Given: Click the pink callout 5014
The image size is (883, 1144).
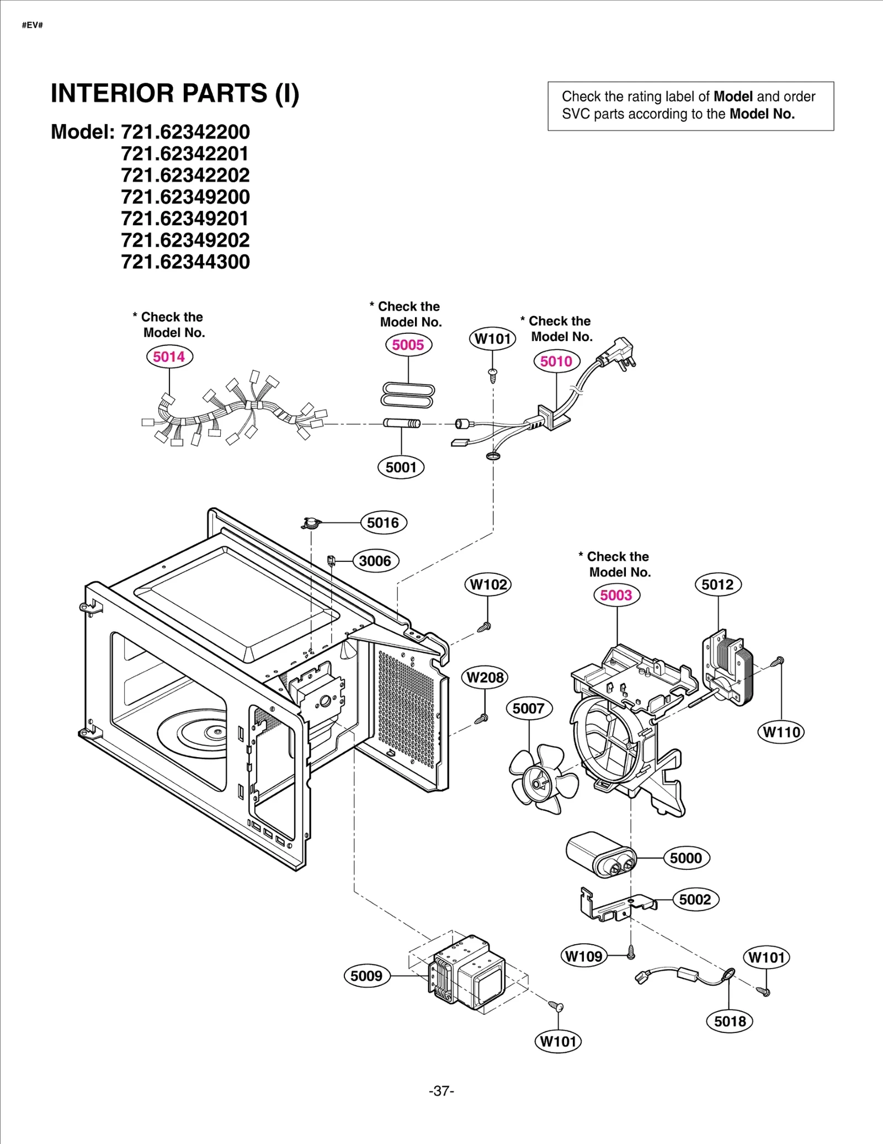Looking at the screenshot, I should [169, 356].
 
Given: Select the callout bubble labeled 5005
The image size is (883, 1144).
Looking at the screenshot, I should [408, 345].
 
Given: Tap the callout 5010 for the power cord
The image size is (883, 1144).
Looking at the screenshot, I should [556, 361].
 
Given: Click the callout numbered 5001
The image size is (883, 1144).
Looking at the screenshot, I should [401, 467].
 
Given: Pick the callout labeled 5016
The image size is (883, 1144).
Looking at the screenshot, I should [383, 523].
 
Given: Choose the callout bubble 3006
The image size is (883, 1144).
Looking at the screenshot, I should [375, 561].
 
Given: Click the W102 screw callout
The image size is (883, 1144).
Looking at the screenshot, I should [488, 584].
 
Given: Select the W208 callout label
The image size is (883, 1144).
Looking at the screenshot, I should [485, 677].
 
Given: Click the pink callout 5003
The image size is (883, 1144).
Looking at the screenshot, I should [616, 595].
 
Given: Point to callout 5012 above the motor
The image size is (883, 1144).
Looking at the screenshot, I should [717, 584].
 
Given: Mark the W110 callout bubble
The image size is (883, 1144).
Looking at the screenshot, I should [781, 732].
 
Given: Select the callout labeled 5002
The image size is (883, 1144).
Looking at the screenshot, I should [695, 900].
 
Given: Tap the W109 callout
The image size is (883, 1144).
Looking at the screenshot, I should [584, 956].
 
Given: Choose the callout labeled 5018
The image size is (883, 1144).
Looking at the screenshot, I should [730, 1021].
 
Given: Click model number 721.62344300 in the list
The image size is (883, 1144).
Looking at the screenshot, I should [185, 262].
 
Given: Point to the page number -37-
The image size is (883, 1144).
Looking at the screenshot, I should [441, 1090].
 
